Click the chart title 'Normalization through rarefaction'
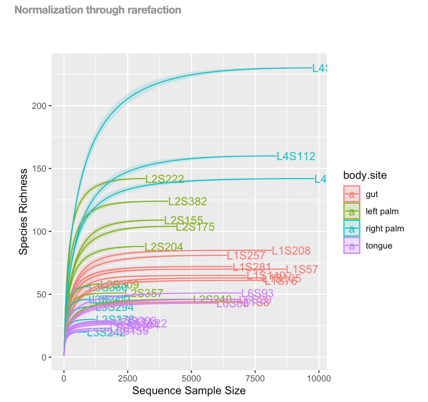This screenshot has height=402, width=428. click(98, 10)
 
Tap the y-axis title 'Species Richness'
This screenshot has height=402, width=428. click(23, 212)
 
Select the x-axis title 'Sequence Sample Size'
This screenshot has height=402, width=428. click(189, 391)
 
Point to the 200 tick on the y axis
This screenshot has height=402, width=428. click(39, 106)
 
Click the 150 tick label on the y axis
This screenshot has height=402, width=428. click(39, 169)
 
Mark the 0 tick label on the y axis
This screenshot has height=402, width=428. click(44, 357)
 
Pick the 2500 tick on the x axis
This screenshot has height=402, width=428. click(128, 379)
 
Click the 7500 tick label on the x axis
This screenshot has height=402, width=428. click(255, 379)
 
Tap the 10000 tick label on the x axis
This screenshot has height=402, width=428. click(319, 379)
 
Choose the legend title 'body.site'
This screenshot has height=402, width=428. click(365, 175)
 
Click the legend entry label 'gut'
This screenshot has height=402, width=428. click(372, 194)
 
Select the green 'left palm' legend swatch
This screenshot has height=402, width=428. click(352, 211)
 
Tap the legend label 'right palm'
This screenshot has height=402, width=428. click(385, 228)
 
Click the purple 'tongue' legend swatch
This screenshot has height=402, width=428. click(352, 246)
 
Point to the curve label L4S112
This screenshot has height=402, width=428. click(296, 156)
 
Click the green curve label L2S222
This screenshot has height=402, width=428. click(164, 179)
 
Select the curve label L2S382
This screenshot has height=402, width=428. click(187, 201)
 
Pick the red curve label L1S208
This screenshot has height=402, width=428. click(291, 250)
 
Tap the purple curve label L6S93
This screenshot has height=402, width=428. click(257, 293)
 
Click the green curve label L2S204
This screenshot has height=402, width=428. click(164, 247)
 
